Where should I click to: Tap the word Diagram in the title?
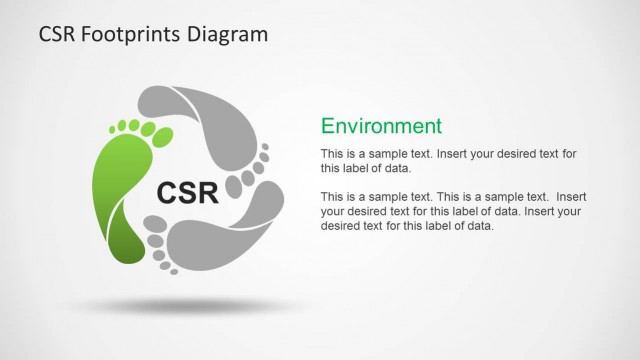231,35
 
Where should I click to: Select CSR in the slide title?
58,35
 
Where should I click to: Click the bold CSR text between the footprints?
187,191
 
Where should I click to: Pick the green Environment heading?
380,126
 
